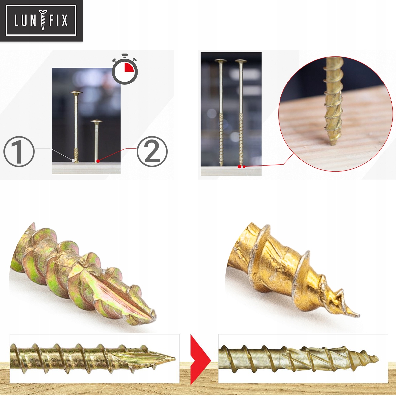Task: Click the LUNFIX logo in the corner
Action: [41, 20]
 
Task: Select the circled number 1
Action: [19, 151]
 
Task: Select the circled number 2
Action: [152, 151]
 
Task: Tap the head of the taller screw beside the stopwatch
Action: [76, 93]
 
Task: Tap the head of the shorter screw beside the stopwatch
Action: [97, 122]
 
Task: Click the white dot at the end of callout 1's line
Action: [73, 160]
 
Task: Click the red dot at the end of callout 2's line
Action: [98, 161]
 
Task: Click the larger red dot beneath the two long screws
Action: [239, 167]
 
